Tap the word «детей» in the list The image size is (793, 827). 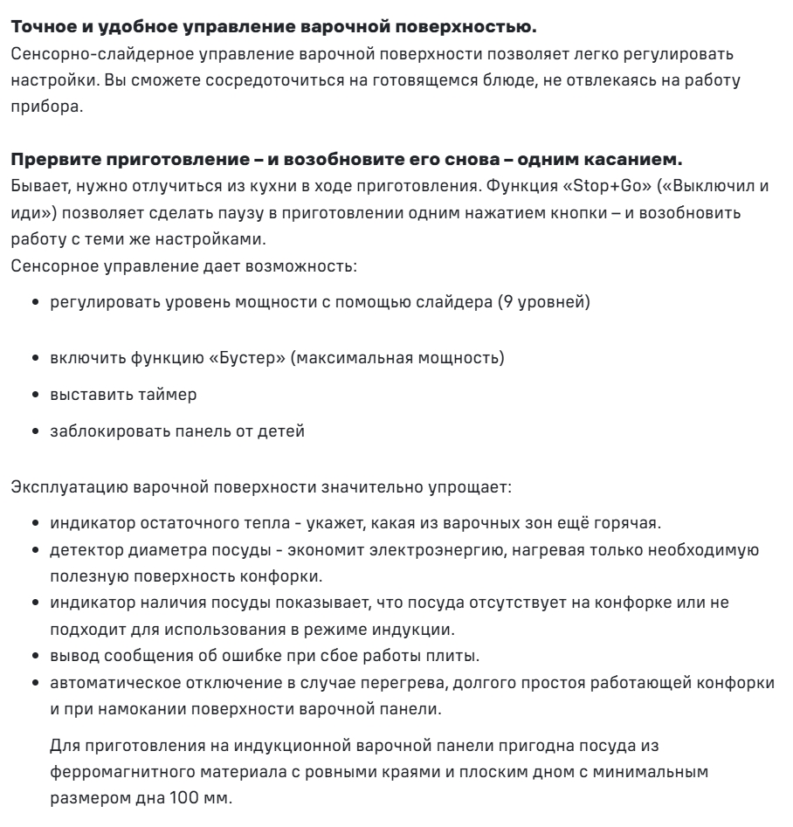tap(284, 431)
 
